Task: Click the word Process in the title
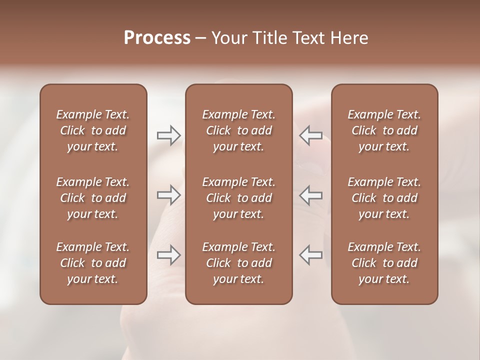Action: click(157, 38)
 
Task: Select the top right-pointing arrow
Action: click(169, 135)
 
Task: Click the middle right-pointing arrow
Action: click(169, 195)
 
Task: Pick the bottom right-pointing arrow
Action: click(169, 254)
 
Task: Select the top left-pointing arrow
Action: click(311, 135)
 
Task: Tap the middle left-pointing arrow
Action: click(311, 195)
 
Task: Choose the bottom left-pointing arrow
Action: click(311, 254)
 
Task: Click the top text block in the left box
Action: click(93, 130)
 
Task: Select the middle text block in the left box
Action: click(93, 198)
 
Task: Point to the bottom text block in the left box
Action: click(93, 263)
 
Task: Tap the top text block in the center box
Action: click(239, 130)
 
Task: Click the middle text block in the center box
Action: click(239, 198)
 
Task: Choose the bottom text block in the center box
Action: click(239, 263)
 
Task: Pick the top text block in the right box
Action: click(384, 130)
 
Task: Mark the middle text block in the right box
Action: click(384, 198)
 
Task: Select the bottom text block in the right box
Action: click(384, 263)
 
